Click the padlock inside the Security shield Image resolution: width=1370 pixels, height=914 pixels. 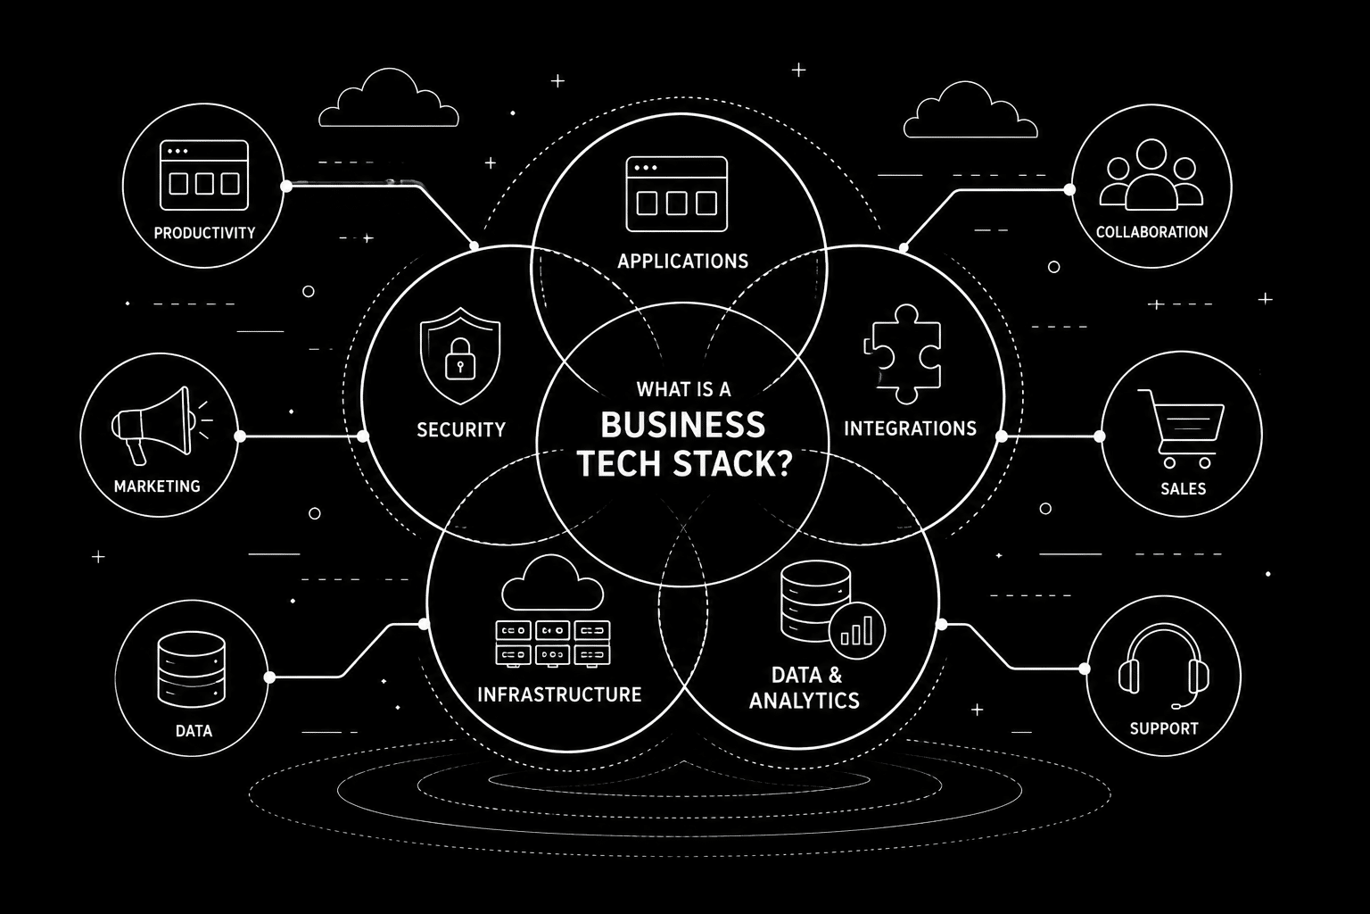[x=460, y=359]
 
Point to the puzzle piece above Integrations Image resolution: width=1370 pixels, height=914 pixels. [x=903, y=354]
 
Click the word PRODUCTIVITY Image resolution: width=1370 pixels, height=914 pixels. [x=204, y=233]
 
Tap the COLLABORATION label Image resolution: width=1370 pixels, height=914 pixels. [x=1151, y=233]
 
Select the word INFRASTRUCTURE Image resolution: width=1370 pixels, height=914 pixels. [x=559, y=694]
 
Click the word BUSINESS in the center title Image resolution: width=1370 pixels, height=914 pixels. [x=682, y=425]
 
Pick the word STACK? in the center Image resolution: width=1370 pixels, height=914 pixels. [x=732, y=463]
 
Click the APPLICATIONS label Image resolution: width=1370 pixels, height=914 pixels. [x=682, y=262]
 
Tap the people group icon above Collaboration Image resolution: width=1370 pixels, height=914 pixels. [x=1151, y=175]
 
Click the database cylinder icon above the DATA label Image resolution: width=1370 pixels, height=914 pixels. [x=192, y=669]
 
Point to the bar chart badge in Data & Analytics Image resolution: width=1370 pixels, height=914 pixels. [x=857, y=630]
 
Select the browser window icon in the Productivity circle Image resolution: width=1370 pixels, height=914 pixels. [x=203, y=175]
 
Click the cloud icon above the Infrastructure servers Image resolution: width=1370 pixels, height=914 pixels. [x=552, y=583]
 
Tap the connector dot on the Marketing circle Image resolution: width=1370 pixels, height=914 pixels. [x=240, y=436]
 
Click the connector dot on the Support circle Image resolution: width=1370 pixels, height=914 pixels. [x=1085, y=669]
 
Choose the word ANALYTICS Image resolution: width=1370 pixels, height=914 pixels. [x=805, y=701]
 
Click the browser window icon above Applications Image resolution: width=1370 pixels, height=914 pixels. [x=676, y=194]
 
